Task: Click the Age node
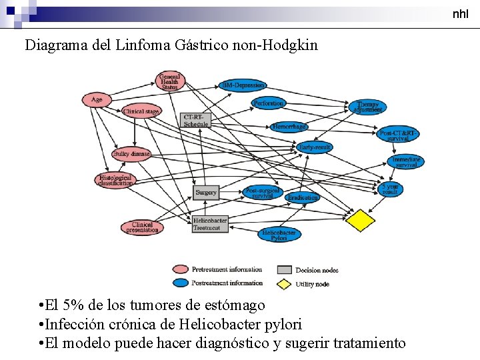click(97, 100)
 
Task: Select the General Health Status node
click(169, 81)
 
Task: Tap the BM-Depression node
click(243, 85)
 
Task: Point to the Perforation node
click(269, 103)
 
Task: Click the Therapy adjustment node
click(367, 107)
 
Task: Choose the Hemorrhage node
click(289, 126)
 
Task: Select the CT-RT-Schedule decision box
click(195, 120)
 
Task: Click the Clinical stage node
click(141, 112)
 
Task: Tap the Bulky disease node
click(131, 154)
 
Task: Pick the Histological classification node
click(115, 180)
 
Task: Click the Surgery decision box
click(206, 193)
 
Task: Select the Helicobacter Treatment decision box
click(210, 224)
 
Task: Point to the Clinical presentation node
click(142, 227)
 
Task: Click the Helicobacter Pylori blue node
click(279, 235)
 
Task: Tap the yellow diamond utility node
click(360, 221)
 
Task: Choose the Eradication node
click(303, 197)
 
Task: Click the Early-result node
click(314, 147)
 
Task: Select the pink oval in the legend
click(180, 269)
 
